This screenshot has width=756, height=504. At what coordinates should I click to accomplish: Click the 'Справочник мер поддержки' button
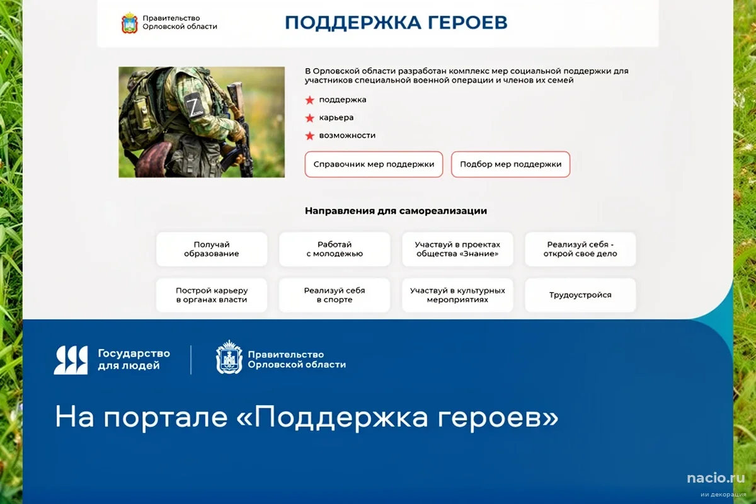[x=374, y=164]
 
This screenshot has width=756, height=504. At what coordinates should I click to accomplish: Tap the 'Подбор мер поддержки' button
[x=510, y=164]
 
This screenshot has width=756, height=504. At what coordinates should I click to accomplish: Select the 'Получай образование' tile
[x=212, y=249]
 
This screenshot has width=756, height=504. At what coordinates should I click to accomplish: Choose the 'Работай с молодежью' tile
[x=335, y=249]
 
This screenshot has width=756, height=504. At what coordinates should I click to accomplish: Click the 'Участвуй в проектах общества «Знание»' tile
[x=457, y=249]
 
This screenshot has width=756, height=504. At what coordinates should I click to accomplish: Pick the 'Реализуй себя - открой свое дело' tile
[x=580, y=249]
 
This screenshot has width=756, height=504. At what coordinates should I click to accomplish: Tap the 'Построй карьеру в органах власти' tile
[x=212, y=295]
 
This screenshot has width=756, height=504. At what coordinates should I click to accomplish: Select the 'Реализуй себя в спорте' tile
[x=335, y=295]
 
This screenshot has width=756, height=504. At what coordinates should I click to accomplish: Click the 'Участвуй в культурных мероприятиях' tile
[x=457, y=295]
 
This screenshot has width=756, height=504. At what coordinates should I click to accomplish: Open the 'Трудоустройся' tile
[x=580, y=295]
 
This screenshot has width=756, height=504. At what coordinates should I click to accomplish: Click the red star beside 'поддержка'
[x=309, y=100]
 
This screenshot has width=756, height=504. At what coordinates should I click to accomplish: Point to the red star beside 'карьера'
[x=309, y=118]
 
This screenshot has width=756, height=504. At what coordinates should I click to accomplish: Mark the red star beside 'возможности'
[x=309, y=135]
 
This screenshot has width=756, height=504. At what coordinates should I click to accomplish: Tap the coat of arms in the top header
[x=129, y=23]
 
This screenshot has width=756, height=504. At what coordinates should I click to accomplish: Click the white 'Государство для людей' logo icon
[x=71, y=360]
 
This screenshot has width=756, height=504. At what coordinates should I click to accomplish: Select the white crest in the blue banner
[x=229, y=358]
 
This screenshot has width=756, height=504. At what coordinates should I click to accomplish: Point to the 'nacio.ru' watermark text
[x=716, y=478]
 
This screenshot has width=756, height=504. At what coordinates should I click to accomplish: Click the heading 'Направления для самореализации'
[x=396, y=211]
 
